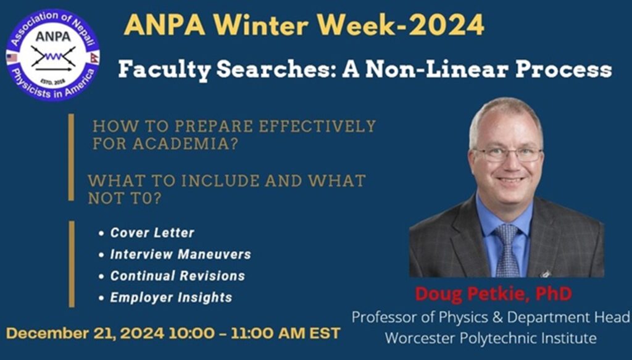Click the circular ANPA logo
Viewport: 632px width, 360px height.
click(52, 55)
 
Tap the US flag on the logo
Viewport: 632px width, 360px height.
click(12, 57)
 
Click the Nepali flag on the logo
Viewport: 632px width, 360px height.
click(93, 57)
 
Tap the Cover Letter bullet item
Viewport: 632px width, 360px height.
click(152, 233)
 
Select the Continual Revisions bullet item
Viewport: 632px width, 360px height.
click(177, 276)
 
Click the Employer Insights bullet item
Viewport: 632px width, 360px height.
click(171, 298)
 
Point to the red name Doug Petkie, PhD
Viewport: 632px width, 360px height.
click(493, 294)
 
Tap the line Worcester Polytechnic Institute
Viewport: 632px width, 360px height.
click(491, 338)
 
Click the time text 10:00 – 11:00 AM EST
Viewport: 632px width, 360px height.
click(254, 333)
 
